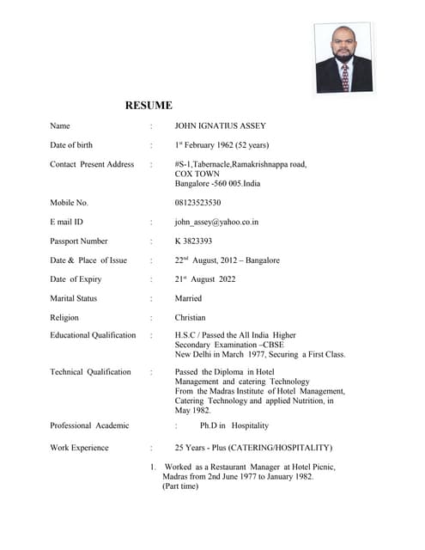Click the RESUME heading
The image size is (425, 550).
pyautogui.click(x=149, y=106)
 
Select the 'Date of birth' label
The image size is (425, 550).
pyautogui.click(x=75, y=145)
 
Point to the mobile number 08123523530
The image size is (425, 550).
pyautogui.click(x=197, y=203)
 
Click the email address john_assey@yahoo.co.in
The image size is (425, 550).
pyautogui.click(x=216, y=222)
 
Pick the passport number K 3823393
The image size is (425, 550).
pyautogui.click(x=193, y=241)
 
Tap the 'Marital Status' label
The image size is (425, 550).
pyautogui.click(x=74, y=298)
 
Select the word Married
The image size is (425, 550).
pyautogui.click(x=188, y=298)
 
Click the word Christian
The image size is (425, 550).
pyautogui.click(x=190, y=318)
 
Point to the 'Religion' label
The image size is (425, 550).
pyautogui.click(x=64, y=318)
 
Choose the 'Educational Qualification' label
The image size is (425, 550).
pyautogui.click(x=93, y=335)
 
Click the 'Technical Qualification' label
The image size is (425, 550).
pyautogui.click(x=90, y=372)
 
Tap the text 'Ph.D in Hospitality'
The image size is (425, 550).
pyautogui.click(x=234, y=425)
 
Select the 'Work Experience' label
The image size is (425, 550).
pyautogui.click(x=79, y=448)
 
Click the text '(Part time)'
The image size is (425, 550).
pyautogui.click(x=180, y=486)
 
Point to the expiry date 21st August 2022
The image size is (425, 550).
pyautogui.click(x=205, y=279)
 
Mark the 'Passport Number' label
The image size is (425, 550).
pyautogui.click(x=79, y=241)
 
